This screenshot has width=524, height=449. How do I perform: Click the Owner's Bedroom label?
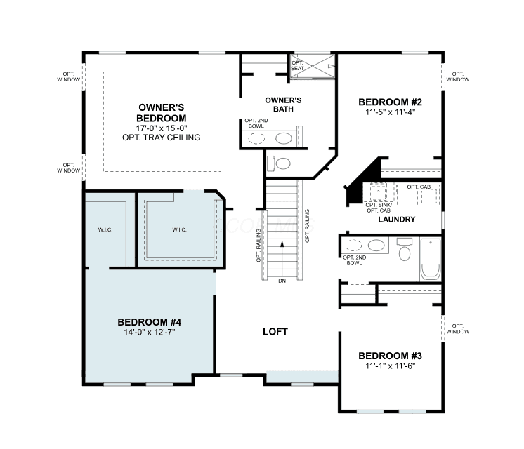point(162,113)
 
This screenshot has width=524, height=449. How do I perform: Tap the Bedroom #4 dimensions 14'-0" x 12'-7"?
point(150,332)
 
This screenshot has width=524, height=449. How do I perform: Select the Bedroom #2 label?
point(390,102)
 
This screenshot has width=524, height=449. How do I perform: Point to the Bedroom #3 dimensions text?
point(390,366)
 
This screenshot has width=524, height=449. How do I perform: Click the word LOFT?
point(275,332)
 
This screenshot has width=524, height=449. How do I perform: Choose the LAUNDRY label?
point(397,220)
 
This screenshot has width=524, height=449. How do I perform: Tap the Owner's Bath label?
point(283,105)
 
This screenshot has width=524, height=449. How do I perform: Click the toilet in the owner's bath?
point(279,163)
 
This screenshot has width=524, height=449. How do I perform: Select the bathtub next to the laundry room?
point(431,259)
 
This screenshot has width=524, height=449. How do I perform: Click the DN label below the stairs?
point(282,281)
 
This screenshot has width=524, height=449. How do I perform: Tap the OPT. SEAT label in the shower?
point(297,65)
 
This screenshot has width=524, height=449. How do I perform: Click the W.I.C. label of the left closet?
point(105,229)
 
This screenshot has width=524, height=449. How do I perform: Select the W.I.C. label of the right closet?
point(179,229)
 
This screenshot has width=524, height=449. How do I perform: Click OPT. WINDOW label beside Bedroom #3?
point(458,328)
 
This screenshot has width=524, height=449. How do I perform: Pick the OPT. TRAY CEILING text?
point(162,138)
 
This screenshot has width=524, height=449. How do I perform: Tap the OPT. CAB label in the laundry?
point(419,187)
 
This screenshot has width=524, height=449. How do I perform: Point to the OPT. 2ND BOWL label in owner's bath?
point(256,123)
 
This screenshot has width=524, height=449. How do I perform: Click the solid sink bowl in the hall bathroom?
point(376,246)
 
